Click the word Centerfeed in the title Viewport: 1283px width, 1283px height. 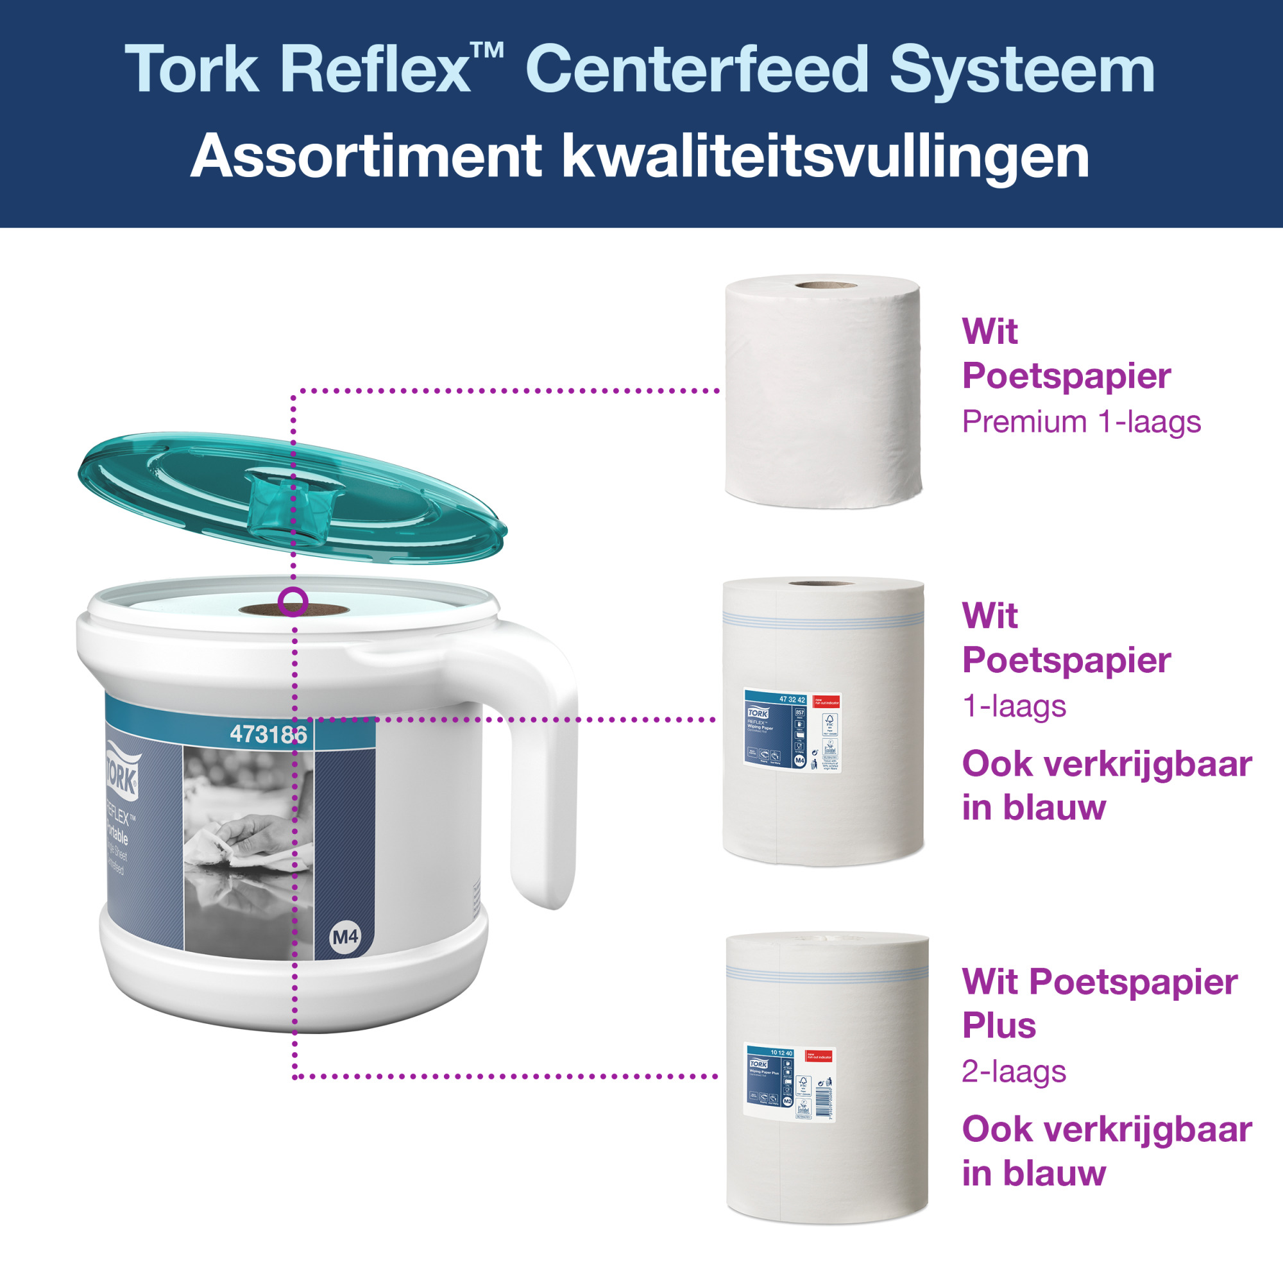697,69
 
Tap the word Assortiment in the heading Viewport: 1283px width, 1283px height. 366,157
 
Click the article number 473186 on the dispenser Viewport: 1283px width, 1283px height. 268,735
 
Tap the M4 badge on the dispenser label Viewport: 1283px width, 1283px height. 344,937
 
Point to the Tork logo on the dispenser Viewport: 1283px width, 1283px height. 121,773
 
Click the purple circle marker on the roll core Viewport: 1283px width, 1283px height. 293,602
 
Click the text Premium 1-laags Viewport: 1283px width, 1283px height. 1081,422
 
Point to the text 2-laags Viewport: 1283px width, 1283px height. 1014,1072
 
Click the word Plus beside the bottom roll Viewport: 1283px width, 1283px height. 999,1025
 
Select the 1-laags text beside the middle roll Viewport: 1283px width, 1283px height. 1014,706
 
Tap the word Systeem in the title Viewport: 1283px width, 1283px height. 1022,69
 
